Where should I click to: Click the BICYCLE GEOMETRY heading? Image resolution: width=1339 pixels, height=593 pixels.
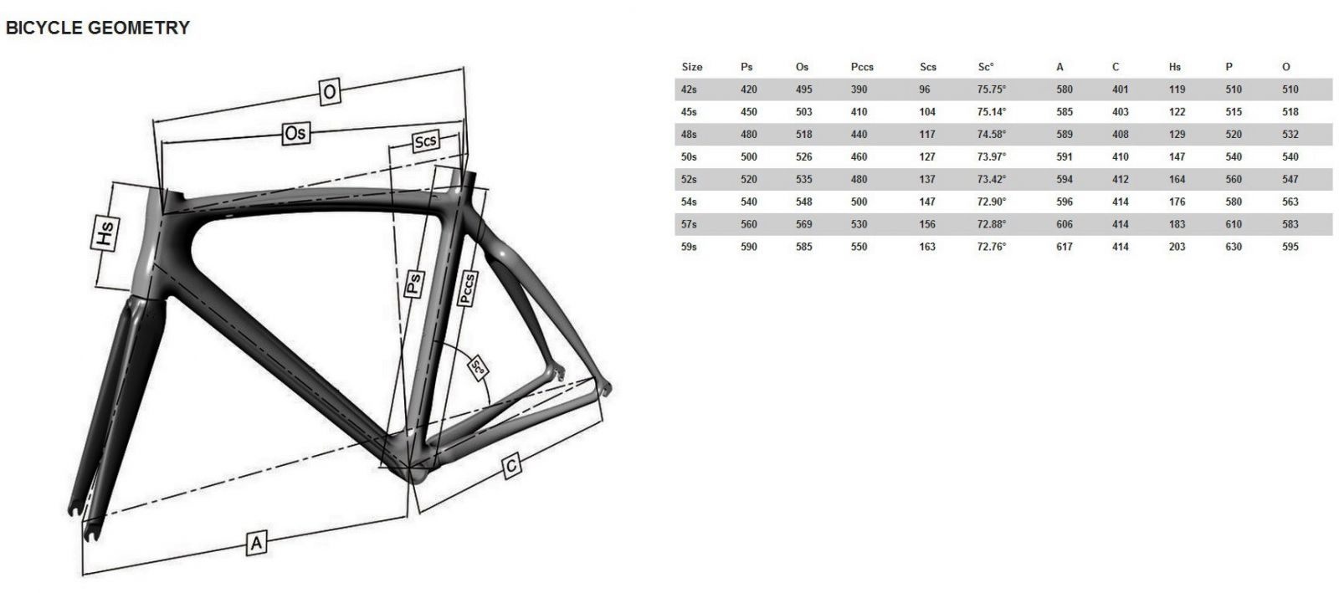coord(97,28)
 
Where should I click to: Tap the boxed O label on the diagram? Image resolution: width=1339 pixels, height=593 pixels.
coord(330,92)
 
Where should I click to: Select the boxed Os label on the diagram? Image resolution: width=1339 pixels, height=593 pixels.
coord(296,133)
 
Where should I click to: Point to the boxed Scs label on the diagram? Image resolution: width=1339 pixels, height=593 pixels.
coord(426,141)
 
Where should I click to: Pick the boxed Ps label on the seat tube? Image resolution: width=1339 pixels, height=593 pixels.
coord(414,284)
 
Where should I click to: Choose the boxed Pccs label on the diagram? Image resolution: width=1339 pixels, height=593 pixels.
coord(467,289)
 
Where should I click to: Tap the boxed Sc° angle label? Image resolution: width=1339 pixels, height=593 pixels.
coord(478,367)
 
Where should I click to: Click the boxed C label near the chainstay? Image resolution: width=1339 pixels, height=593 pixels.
coord(511,467)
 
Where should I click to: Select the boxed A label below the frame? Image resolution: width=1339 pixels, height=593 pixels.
coord(256,543)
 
